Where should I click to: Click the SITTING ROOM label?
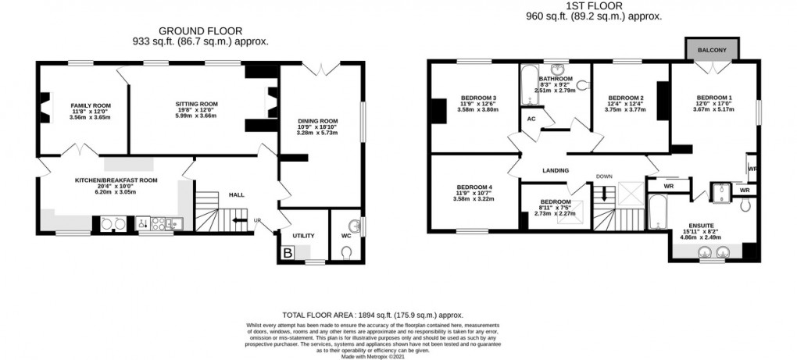(197, 104)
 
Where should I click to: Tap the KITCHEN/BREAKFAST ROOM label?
(116, 180)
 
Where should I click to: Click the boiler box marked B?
(288, 252)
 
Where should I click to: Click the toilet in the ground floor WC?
(347, 252)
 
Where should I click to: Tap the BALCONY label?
(713, 51)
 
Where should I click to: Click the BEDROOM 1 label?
(714, 97)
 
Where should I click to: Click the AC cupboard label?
(531, 119)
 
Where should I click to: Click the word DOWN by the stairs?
(604, 176)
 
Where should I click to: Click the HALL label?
(237, 195)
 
